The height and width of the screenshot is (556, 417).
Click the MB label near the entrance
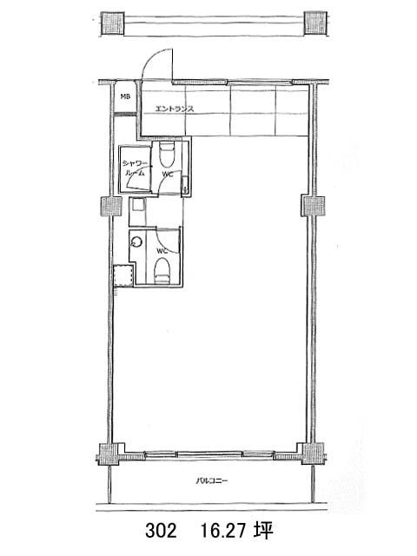[x=125, y=96]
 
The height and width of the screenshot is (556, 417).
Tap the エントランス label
[x=175, y=109]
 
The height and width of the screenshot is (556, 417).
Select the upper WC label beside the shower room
[x=168, y=174]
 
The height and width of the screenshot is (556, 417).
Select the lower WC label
[x=162, y=251]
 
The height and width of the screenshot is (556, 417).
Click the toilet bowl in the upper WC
[x=166, y=155]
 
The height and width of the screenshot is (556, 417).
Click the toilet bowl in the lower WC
[x=162, y=271]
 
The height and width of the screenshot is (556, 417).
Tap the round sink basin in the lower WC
[x=137, y=242]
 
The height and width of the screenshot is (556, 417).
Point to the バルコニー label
[x=212, y=481]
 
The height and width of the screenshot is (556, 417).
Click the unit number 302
[x=161, y=531]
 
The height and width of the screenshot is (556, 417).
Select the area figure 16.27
[x=224, y=531]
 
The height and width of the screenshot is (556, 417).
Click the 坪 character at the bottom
[x=263, y=531]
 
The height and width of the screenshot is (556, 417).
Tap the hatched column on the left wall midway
[x=112, y=207]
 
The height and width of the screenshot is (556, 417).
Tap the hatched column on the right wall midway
[x=313, y=206]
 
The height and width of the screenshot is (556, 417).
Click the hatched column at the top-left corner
[x=113, y=23]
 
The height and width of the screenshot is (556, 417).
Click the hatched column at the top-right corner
[x=315, y=23]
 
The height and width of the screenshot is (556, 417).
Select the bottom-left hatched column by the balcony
[x=109, y=453]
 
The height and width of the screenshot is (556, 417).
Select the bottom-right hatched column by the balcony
[x=313, y=453]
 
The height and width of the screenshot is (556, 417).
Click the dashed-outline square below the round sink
[x=123, y=275]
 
